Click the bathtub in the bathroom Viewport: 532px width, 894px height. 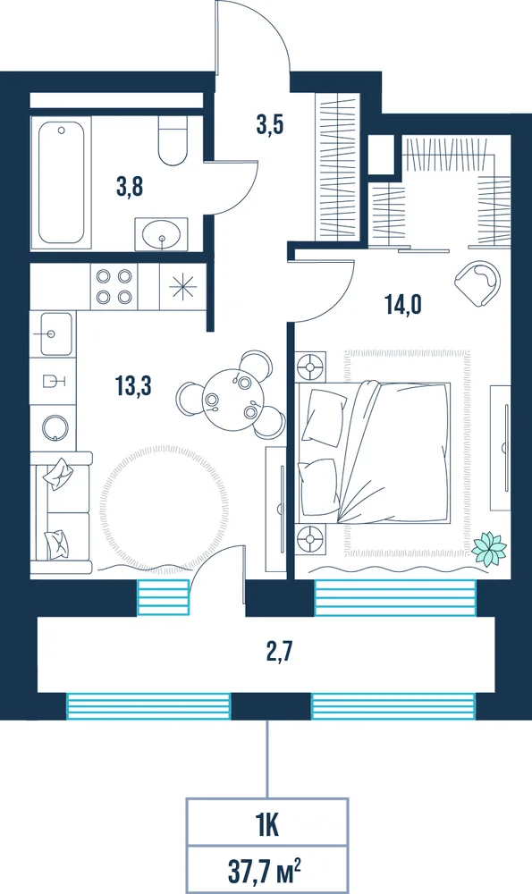pos(61,182)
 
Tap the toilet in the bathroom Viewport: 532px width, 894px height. pos(173,140)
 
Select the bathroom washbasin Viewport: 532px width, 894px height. pos(161,233)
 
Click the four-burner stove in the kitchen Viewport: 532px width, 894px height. pos(114,287)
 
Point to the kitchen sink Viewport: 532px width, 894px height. pos(53,334)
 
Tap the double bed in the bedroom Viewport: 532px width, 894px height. pos(374,452)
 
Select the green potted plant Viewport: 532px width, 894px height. pos(489,549)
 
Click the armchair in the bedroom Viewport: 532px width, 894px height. pos(479,283)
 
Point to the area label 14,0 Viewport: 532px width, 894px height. pos(403,305)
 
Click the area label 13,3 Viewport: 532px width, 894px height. pos(133,386)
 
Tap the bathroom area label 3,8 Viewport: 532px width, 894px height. pos(130,187)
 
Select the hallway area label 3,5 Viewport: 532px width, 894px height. pos(270,123)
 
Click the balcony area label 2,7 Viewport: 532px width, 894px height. pos(279,651)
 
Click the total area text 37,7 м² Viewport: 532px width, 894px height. pos(264,871)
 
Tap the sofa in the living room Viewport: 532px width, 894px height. pos(62,512)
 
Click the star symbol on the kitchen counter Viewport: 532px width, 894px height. pos(182,287)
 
